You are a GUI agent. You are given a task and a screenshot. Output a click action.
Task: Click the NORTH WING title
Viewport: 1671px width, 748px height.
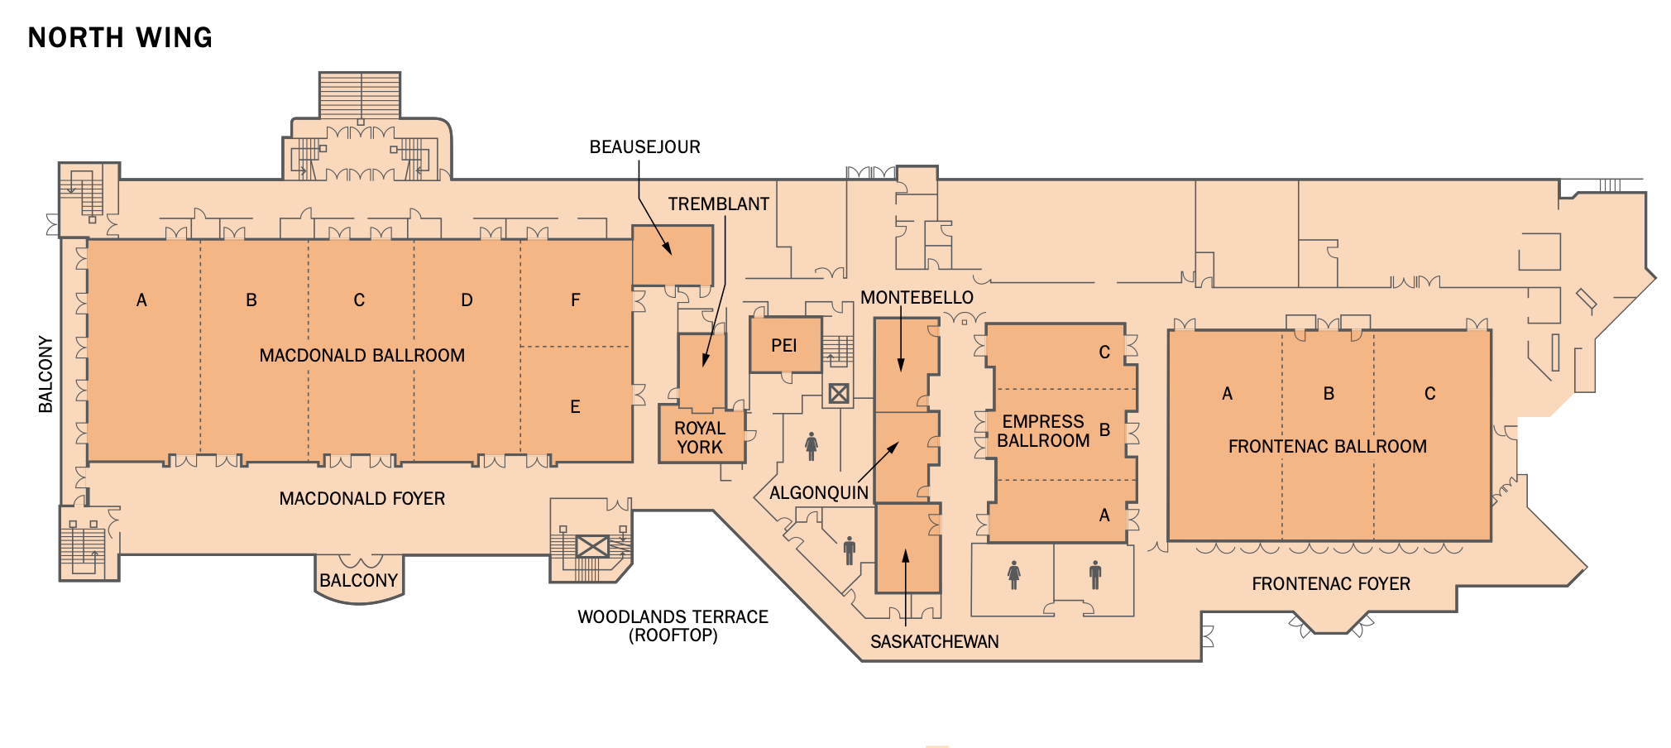[120, 37]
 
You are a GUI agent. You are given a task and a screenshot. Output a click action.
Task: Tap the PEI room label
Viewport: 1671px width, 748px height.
[783, 345]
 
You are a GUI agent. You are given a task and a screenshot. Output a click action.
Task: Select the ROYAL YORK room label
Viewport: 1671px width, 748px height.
[700, 438]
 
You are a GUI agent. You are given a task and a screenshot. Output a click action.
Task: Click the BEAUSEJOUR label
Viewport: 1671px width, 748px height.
[644, 147]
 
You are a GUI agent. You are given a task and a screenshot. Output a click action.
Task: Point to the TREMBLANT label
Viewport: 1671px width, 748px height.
[719, 204]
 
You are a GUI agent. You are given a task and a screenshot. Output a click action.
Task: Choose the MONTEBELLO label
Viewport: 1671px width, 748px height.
[917, 298]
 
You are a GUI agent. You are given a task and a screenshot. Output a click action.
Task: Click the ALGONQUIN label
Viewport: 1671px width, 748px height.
[819, 493]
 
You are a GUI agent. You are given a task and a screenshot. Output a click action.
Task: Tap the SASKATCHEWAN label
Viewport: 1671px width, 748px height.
[935, 641]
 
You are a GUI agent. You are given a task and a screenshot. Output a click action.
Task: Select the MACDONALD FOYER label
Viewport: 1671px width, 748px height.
[362, 498]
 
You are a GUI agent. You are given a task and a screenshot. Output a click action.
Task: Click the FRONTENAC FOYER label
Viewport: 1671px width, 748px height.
[1331, 583]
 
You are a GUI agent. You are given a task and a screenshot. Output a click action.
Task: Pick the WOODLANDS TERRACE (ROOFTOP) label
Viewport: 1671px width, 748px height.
[673, 626]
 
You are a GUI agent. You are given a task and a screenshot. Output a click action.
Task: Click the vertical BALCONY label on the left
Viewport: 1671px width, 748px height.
[45, 374]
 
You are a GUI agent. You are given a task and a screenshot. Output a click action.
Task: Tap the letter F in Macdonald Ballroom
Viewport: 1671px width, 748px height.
[576, 300]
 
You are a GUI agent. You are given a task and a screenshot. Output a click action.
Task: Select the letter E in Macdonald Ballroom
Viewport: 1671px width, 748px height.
[575, 407]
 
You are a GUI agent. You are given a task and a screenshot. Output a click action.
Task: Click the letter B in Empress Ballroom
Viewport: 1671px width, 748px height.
[1104, 430]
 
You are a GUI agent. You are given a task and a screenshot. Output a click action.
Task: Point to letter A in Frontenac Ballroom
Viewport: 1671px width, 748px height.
[1228, 393]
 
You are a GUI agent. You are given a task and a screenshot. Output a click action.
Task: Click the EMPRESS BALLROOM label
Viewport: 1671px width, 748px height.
[1043, 431]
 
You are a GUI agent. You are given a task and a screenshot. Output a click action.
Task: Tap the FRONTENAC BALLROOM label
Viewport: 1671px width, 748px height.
[1328, 447]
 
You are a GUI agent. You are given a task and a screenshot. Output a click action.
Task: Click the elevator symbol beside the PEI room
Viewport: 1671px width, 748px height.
[839, 394]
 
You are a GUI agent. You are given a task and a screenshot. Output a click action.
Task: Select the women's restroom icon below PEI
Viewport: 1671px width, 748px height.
[812, 446]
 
